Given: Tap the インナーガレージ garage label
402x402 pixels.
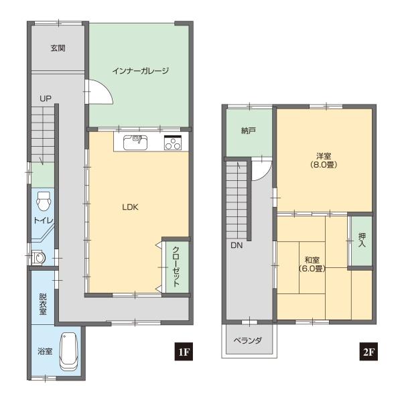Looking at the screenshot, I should pyautogui.click(x=139, y=70).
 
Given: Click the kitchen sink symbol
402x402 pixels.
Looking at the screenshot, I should pyautogui.click(x=137, y=141).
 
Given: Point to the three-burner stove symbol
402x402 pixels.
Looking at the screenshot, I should pyautogui.click(x=173, y=142).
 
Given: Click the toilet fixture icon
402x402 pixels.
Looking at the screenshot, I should pyautogui.click(x=44, y=200).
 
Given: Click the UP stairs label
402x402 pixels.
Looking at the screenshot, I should pyautogui.click(x=45, y=98).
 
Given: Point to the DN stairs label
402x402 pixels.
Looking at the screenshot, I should pyautogui.click(x=237, y=246).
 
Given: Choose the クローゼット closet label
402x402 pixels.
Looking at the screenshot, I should pyautogui.click(x=176, y=265).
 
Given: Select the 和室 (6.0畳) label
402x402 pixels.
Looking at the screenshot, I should pyautogui.click(x=311, y=263).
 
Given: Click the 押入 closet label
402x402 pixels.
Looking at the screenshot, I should pyautogui.click(x=362, y=241).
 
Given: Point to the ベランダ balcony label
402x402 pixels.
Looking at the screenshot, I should pyautogui.click(x=247, y=340).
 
